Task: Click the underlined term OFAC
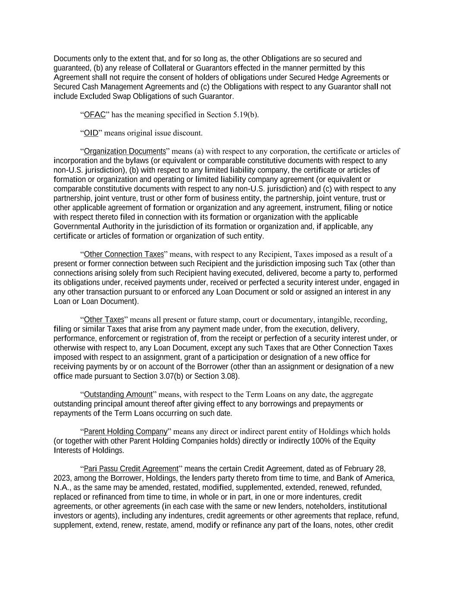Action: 94,115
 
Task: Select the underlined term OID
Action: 91,133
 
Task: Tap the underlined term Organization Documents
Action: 125,151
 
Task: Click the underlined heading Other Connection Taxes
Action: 124,254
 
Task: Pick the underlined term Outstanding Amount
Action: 118,394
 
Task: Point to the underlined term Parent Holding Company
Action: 126,432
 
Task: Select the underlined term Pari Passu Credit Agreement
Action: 131,469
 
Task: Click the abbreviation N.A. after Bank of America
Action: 60,488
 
